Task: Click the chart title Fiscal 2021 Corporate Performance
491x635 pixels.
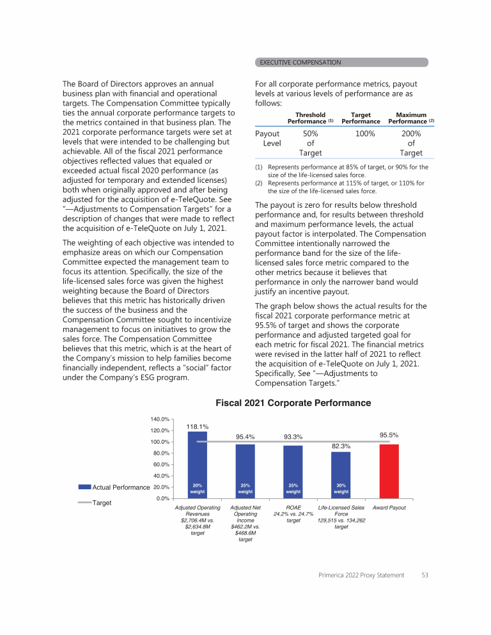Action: tap(293, 404)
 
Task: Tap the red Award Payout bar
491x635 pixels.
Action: tap(389, 471)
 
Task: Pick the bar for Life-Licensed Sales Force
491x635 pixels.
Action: tap(341, 474)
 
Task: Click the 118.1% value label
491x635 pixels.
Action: tap(197, 426)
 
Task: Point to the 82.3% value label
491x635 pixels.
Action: tap(341, 446)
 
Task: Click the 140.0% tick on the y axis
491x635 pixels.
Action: tap(160, 419)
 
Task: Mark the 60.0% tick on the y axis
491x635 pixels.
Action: tap(160, 464)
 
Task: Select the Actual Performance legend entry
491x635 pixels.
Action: tap(114, 487)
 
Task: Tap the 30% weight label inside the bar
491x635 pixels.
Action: tap(341, 489)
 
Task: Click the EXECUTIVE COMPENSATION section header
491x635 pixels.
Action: tap(300, 62)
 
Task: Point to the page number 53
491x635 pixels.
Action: tap(425, 576)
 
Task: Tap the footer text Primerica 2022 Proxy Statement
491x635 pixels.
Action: tap(361, 576)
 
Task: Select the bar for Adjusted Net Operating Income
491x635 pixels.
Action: tap(245, 471)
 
